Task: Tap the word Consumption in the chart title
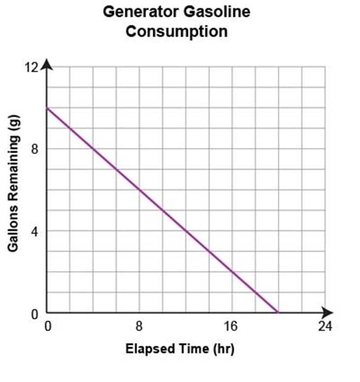[176, 31]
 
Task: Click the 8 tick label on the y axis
[34, 149]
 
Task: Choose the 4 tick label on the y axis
[34, 231]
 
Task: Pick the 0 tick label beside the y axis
[34, 313]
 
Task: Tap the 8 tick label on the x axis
[139, 326]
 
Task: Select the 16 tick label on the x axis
[232, 326]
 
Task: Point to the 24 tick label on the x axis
[324, 326]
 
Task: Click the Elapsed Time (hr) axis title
[180, 349]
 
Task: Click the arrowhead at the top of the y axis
[47, 64]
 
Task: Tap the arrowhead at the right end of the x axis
[329, 313]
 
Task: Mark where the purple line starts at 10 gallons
[47, 108]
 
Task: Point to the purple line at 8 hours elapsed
[140, 190]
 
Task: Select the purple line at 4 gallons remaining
[186, 231]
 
